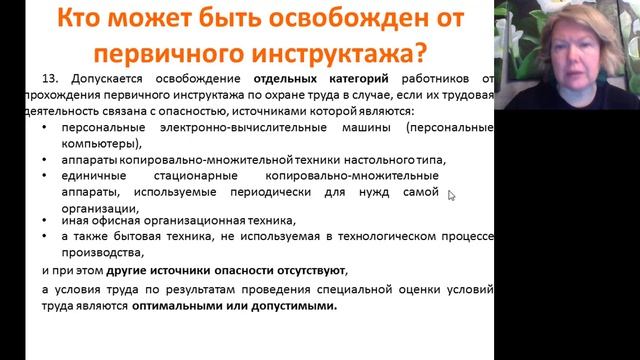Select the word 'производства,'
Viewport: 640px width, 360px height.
click(100, 252)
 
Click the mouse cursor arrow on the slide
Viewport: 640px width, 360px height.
click(451, 195)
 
